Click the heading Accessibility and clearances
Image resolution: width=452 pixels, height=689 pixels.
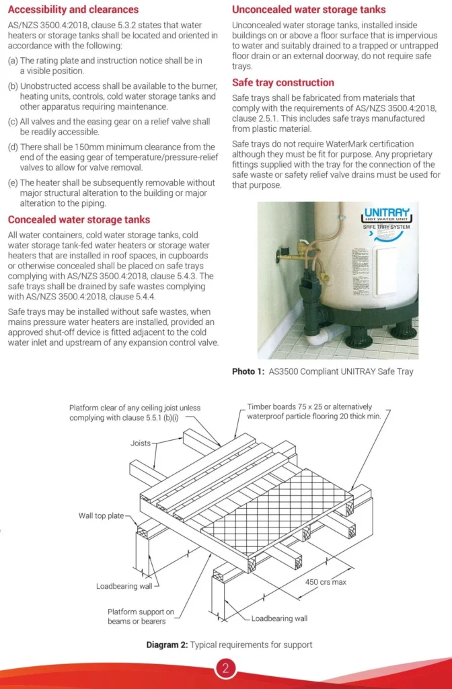pyautogui.click(x=73, y=9)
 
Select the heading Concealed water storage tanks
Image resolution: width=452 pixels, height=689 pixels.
pyautogui.click(x=79, y=220)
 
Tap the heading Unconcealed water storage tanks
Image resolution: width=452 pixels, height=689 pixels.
pyautogui.click(x=309, y=9)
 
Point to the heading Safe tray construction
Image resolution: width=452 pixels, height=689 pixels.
pyautogui.click(x=282, y=83)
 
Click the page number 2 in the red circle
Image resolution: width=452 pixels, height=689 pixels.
pyautogui.click(x=225, y=668)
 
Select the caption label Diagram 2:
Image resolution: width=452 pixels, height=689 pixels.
pyautogui.click(x=167, y=645)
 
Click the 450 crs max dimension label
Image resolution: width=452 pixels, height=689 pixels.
pyautogui.click(x=326, y=582)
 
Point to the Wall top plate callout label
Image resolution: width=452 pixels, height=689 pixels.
pyautogui.click(x=101, y=516)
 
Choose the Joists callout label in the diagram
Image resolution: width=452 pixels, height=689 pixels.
pyautogui.click(x=141, y=444)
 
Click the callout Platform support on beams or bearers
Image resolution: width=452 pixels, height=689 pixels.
pyautogui.click(x=141, y=616)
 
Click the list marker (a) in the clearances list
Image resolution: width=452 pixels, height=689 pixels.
pyautogui.click(x=13, y=61)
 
